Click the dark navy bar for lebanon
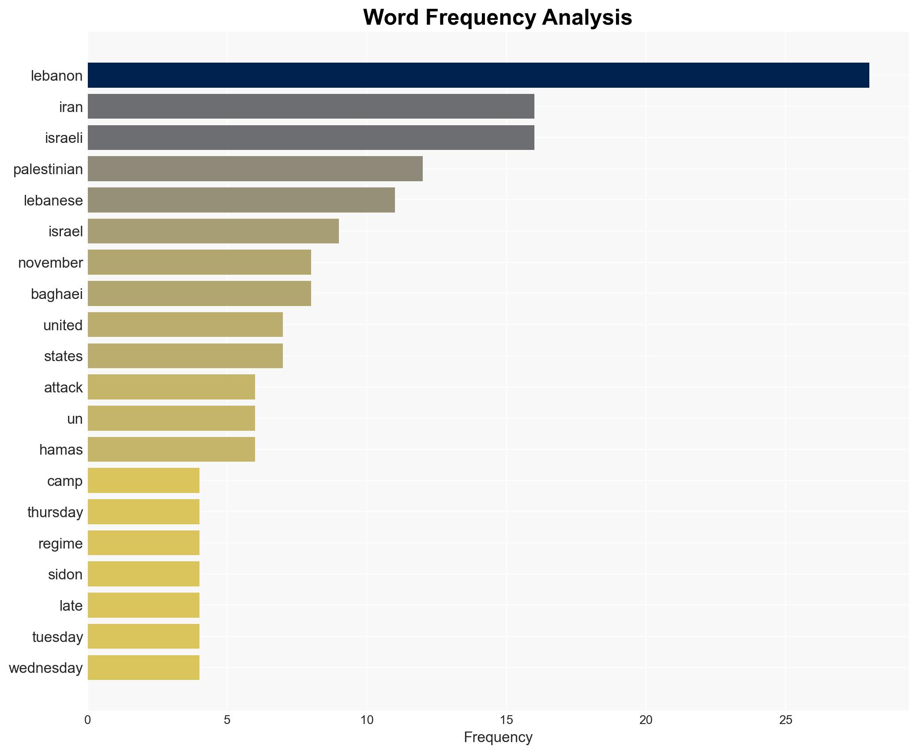(x=478, y=75)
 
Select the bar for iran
(x=311, y=106)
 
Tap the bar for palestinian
(x=255, y=169)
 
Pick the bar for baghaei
(x=199, y=294)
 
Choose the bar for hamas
(x=171, y=449)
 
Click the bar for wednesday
(x=143, y=668)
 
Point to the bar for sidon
(x=143, y=574)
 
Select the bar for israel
(x=213, y=231)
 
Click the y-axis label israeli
(x=64, y=138)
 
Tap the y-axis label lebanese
(x=53, y=201)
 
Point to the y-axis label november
(x=50, y=263)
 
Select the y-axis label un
(x=75, y=419)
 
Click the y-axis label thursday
(x=55, y=512)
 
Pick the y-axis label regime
(x=60, y=544)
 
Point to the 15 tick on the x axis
(x=506, y=720)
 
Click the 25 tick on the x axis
(x=785, y=720)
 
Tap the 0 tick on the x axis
(x=88, y=720)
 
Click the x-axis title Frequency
(x=498, y=737)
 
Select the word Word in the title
(x=391, y=18)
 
